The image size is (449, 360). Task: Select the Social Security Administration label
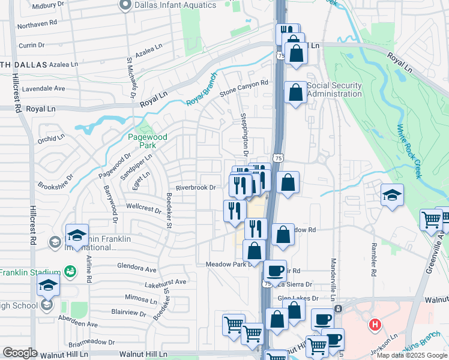pyautogui.click(x=334, y=89)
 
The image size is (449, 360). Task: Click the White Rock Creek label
pyautogui.click(x=409, y=151)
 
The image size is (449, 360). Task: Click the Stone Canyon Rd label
pyautogui.click(x=244, y=88)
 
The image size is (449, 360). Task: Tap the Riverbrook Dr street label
pyautogui.click(x=196, y=187)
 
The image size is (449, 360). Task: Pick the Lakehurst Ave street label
pyautogui.click(x=166, y=282)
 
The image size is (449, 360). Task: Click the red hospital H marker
pyautogui.click(x=375, y=326)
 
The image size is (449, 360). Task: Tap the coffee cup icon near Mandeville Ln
pyautogui.click(x=322, y=319)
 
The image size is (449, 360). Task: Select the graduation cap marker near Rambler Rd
pyautogui.click(x=392, y=194)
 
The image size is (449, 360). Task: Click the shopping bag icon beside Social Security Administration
pyautogui.click(x=295, y=92)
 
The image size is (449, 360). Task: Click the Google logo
pyautogui.click(x=20, y=353)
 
